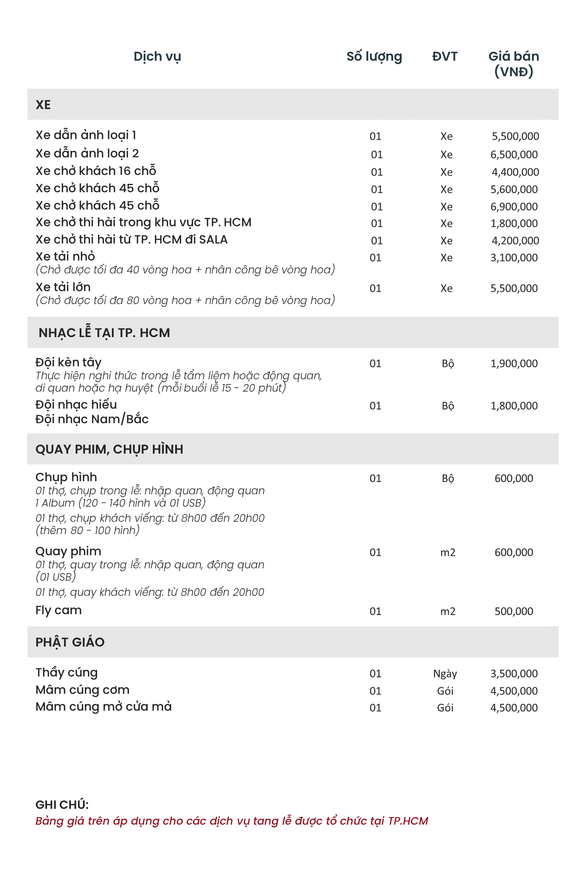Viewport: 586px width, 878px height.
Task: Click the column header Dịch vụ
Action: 157,57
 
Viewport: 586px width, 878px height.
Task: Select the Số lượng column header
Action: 374,57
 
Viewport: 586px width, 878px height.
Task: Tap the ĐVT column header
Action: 445,57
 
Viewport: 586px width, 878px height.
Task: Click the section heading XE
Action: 43,105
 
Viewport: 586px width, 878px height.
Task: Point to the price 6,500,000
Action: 514,154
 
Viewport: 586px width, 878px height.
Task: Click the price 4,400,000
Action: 515,172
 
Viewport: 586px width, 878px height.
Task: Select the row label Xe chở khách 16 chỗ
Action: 96,171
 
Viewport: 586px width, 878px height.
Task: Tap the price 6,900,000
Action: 514,207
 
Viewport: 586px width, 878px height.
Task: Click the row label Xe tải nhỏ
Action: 65,256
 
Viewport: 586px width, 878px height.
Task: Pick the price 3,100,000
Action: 514,258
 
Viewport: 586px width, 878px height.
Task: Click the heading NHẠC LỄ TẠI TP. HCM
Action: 104,333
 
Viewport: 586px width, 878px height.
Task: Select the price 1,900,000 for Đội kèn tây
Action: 514,363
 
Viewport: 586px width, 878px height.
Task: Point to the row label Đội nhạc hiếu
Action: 76,405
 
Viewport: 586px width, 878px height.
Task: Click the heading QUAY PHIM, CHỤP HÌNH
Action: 109,449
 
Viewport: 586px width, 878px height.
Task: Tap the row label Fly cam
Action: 59,610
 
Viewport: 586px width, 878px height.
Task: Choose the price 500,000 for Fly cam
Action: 514,611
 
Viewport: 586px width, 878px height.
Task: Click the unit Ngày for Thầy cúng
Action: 445,673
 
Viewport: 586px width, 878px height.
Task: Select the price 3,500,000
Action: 514,673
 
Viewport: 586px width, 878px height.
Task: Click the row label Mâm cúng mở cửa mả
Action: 104,707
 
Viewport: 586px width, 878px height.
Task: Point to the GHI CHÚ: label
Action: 62,805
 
